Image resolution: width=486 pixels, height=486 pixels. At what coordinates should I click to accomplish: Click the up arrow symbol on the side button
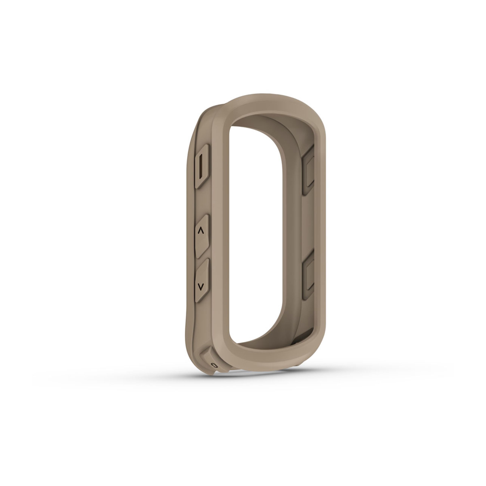click(201, 231)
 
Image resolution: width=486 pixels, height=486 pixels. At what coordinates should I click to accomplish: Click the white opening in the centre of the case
click(254, 226)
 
